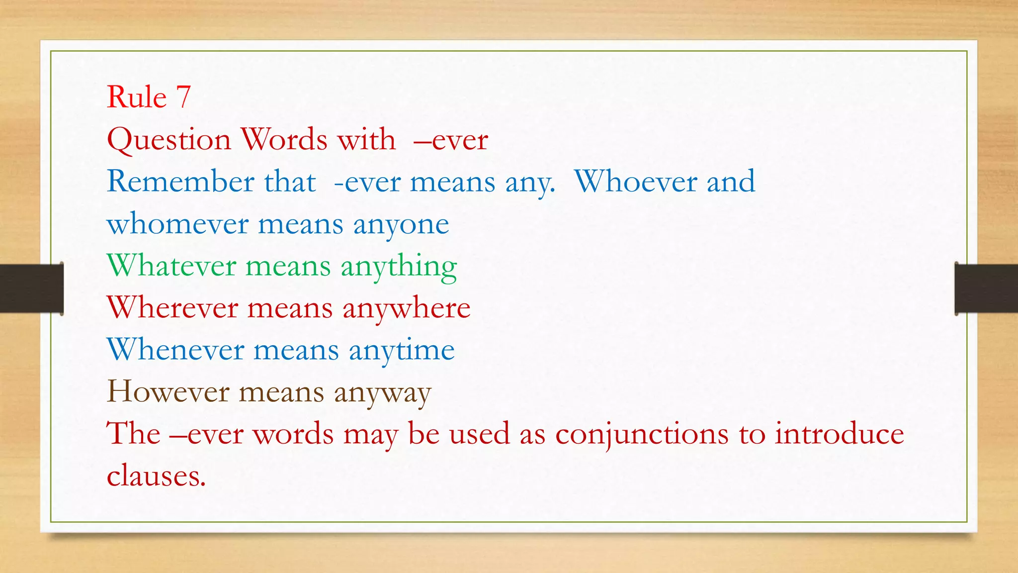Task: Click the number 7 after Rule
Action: coord(183,96)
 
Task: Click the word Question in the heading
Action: coord(169,140)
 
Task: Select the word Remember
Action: coord(180,181)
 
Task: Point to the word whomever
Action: coord(177,224)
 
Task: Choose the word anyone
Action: coord(401,225)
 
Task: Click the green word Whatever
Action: coord(171,266)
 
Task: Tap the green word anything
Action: coord(399,267)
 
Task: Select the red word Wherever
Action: coord(172,307)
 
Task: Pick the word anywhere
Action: coord(406,308)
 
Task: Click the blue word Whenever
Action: coord(175,349)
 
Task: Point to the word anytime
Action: coord(402,350)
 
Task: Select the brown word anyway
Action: coord(382,393)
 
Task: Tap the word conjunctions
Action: coord(642,434)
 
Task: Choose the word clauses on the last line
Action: coord(156,476)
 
